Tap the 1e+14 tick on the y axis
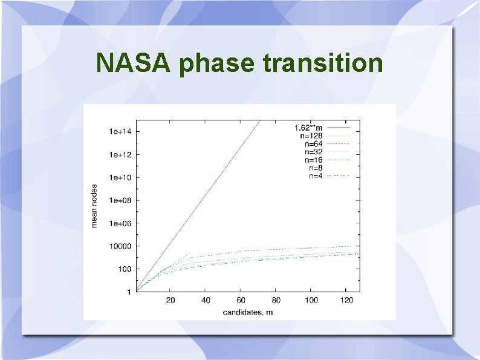point(120,131)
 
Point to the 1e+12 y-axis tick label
point(120,154)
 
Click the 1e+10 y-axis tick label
point(120,177)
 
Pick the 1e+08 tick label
point(120,200)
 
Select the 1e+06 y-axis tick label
point(120,223)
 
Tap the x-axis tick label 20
point(171,300)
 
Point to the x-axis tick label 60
point(241,300)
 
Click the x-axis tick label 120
point(346,300)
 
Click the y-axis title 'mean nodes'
point(94,206)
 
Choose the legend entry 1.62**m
point(308,128)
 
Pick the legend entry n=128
point(312,136)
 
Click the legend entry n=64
point(314,144)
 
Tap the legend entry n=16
point(314,160)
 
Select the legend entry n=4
point(316,175)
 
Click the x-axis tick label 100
point(311,300)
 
